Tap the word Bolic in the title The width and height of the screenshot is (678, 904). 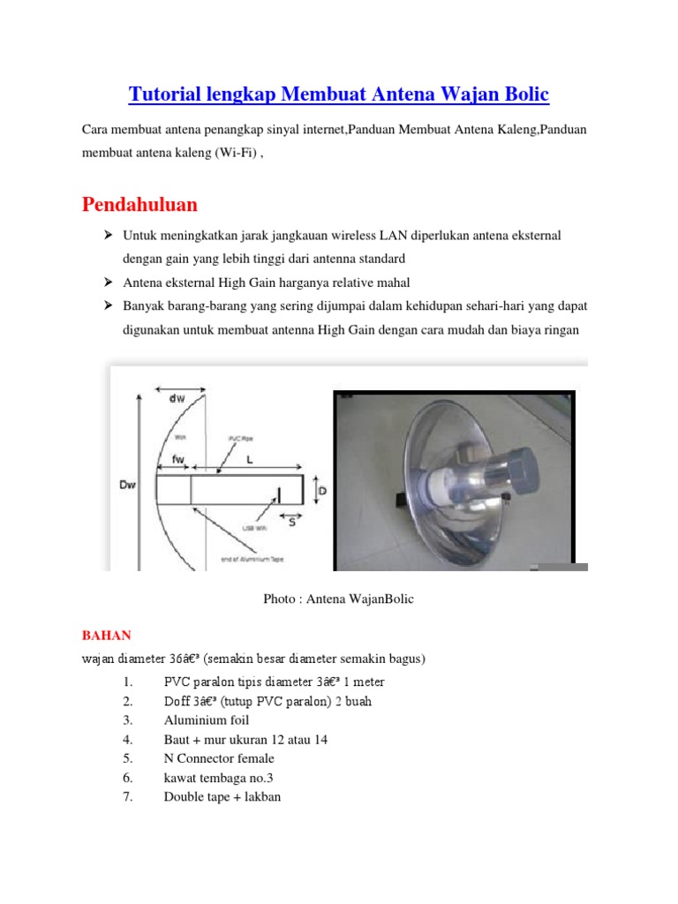(x=521, y=94)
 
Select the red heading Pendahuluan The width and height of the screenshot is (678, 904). (x=139, y=205)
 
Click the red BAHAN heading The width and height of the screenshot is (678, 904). (x=106, y=635)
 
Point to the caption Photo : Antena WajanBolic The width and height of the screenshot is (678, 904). (x=338, y=599)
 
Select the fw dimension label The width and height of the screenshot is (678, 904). (x=178, y=457)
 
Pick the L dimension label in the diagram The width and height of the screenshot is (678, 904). (x=250, y=459)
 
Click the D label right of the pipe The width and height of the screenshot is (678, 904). (x=323, y=488)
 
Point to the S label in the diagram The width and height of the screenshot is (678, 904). (x=292, y=522)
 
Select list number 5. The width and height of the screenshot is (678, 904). (x=128, y=758)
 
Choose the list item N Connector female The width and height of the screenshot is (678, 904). (x=219, y=758)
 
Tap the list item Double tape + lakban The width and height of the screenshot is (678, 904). (x=222, y=797)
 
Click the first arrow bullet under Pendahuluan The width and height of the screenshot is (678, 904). (x=108, y=236)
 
